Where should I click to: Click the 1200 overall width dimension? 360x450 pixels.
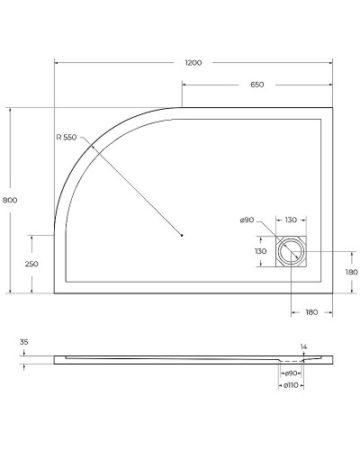[193, 63]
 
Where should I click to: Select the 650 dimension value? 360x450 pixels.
[256, 84]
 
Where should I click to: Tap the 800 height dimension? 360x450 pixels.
[10, 199]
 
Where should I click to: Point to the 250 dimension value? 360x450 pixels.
[31, 264]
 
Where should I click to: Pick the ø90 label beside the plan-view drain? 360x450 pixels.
[247, 220]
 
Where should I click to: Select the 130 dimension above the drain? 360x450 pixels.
[292, 220]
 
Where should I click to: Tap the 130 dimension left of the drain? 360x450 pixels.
[262, 252]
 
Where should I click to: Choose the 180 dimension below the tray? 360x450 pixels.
[311, 312]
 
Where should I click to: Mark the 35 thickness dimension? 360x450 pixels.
[23, 342]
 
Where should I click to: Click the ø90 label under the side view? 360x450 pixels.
[291, 373]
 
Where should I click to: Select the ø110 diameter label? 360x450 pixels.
[291, 385]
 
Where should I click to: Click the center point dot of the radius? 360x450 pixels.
[182, 235]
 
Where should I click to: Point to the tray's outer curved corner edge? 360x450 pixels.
[90, 144]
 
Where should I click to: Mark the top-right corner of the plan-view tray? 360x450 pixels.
[333, 109]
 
